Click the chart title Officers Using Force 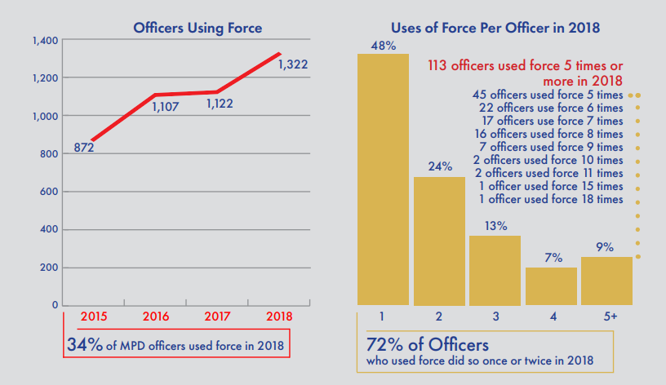(198, 29)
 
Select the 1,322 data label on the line (292, 64)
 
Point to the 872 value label (82, 148)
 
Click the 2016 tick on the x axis (157, 316)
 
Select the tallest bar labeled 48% (383, 179)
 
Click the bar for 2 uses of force (439, 241)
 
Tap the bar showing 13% (495, 270)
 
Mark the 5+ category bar (606, 281)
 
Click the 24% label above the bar (440, 166)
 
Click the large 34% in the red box (84, 345)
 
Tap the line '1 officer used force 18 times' (553, 199)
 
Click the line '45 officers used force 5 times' (548, 95)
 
